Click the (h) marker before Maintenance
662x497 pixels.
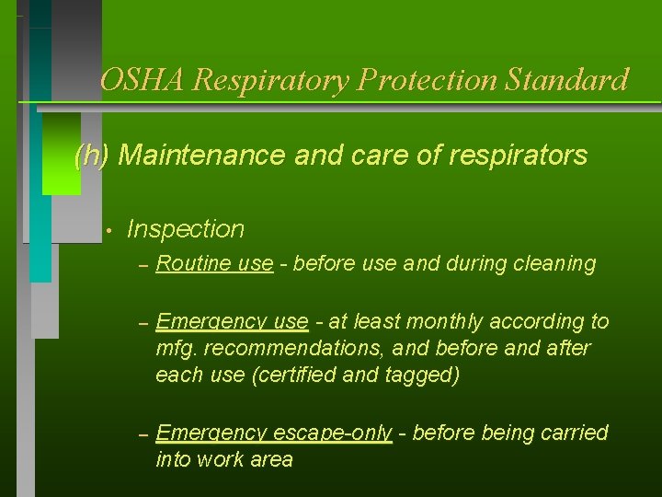(91, 156)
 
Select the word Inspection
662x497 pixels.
(186, 229)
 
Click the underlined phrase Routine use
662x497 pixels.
(214, 265)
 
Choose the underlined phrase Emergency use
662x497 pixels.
(232, 321)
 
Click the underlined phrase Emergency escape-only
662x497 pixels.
(274, 433)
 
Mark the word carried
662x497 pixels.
(572, 433)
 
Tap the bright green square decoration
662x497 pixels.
(62, 154)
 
